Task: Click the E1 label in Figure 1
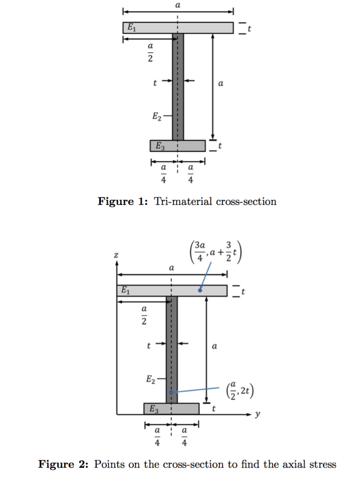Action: pos(132,28)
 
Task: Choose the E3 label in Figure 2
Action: pos(154,409)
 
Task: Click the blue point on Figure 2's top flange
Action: pos(200,290)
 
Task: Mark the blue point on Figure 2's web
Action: pos(171,393)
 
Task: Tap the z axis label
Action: pos(116,255)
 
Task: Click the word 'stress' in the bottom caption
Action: pos(322,464)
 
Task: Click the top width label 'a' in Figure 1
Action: pos(178,4)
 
